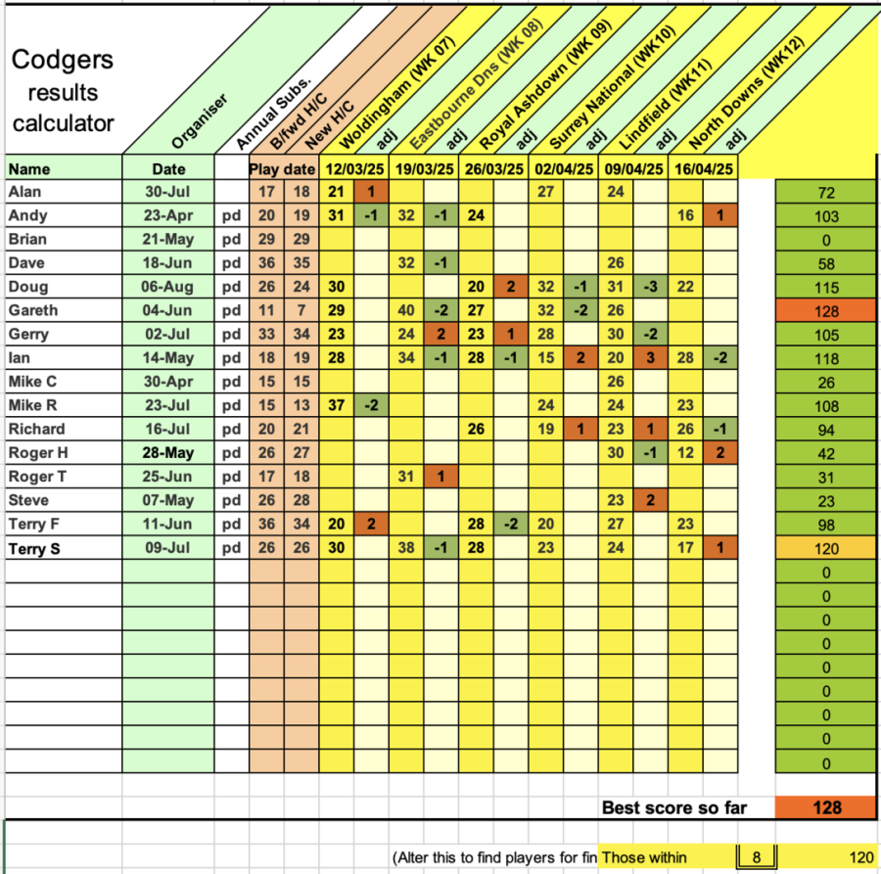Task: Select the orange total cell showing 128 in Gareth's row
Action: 823,310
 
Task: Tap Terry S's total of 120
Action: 823,548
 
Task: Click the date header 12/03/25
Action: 354,168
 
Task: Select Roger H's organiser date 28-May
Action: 168,452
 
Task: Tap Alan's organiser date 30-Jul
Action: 168,192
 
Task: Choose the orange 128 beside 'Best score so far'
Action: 823,807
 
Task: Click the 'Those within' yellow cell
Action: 645,857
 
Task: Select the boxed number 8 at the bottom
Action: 756,857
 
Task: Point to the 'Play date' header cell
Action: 283,168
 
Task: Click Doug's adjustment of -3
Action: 649,287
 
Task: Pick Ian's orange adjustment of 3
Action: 649,358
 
